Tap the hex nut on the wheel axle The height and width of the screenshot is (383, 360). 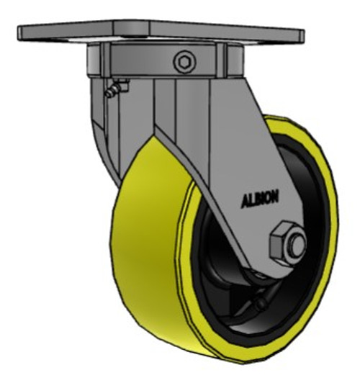click(283, 244)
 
